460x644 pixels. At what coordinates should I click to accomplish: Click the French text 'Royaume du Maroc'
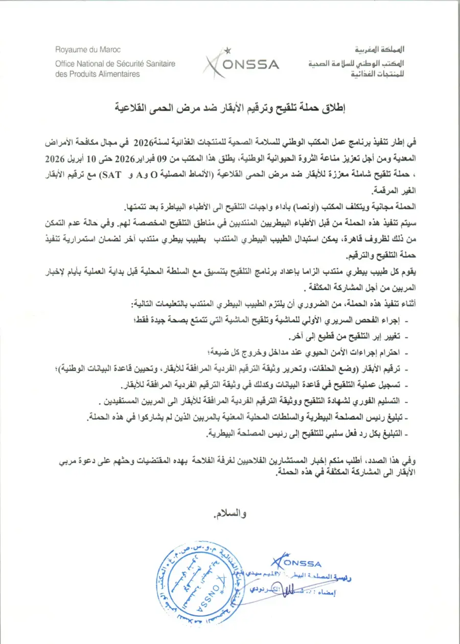tap(88, 50)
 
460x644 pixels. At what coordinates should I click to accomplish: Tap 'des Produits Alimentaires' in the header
tap(98, 74)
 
